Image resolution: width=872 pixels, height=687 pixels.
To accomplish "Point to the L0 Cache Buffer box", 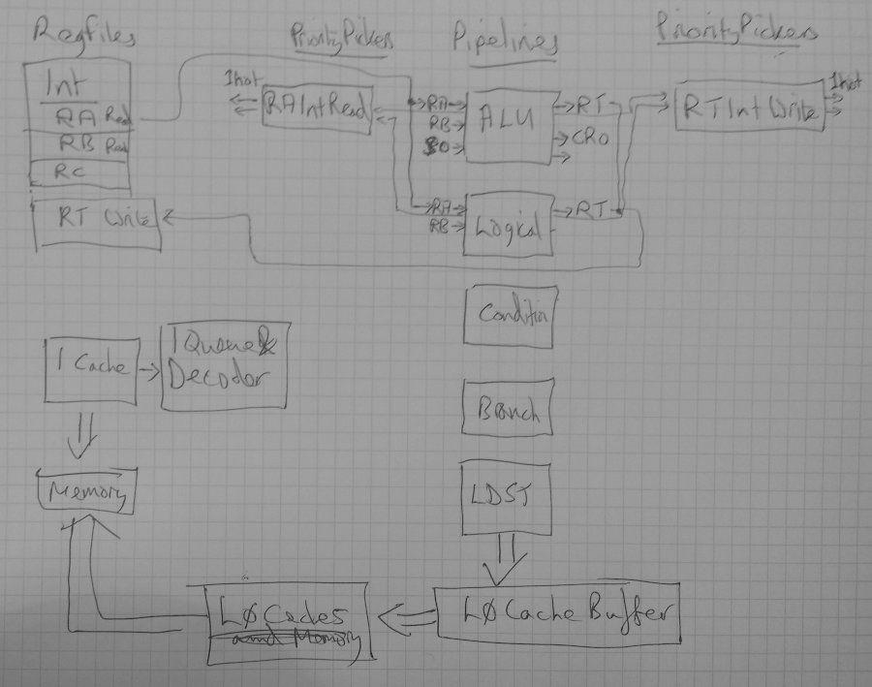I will pos(556,614).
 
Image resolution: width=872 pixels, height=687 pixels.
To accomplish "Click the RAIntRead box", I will pos(317,110).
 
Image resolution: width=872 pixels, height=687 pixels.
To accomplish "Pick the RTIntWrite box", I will pos(747,112).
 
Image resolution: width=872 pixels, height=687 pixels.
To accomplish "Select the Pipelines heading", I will pos(504,43).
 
